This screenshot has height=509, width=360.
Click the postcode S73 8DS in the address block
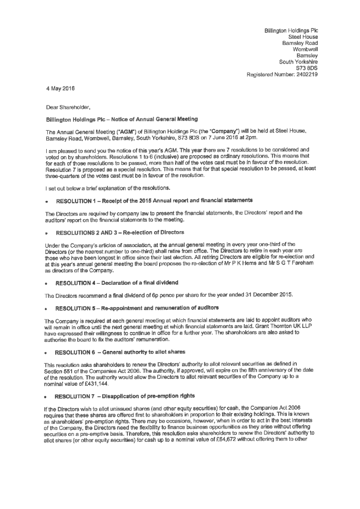point(307,68)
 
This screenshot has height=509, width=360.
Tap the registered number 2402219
point(302,75)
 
